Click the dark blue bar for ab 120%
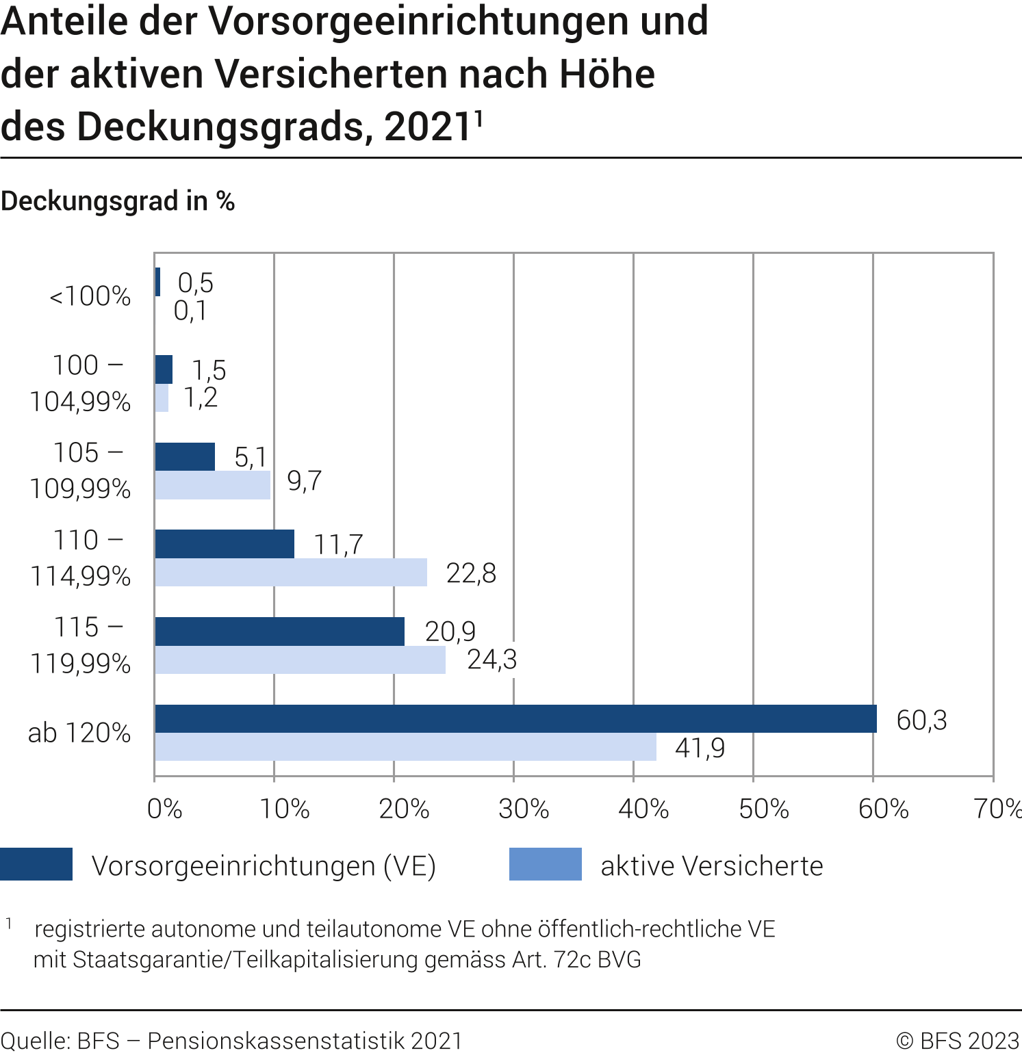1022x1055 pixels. [515, 718]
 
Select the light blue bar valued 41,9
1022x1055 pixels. [405, 747]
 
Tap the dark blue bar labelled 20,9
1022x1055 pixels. [279, 631]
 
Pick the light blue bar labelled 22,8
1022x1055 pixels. [291, 573]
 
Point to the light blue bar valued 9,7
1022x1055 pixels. [212, 485]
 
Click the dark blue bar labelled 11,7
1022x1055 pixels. [225, 544]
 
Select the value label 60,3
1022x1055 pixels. [921, 720]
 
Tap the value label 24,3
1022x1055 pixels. [491, 660]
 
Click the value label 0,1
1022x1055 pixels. [190, 311]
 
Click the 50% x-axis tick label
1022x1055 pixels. [763, 809]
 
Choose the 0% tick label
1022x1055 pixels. [164, 809]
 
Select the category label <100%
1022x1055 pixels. [90, 296]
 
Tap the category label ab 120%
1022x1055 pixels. [79, 733]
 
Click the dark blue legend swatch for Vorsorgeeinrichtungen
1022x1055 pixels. [36, 864]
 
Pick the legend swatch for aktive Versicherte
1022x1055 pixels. [545, 864]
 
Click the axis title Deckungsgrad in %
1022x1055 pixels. [118, 201]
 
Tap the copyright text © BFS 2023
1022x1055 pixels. [958, 1041]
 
